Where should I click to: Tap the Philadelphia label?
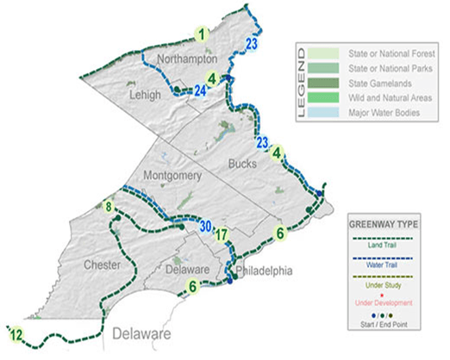265,271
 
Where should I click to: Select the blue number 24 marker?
201,90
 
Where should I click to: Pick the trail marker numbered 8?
109,207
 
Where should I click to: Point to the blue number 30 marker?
204,227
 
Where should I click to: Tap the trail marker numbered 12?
16,333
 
